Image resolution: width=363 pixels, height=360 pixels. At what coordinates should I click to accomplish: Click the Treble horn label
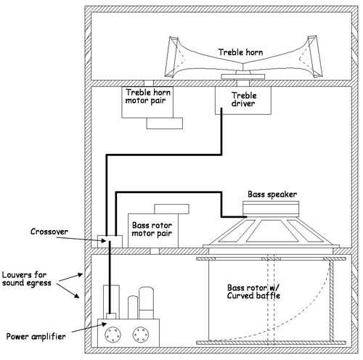point(240,52)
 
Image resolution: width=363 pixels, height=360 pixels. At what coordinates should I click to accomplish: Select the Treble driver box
point(243,100)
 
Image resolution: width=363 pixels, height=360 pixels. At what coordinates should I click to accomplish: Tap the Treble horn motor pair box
point(147,102)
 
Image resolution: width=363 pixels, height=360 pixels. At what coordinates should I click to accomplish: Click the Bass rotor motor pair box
point(153,231)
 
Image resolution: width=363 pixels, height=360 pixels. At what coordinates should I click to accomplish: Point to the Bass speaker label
point(272,195)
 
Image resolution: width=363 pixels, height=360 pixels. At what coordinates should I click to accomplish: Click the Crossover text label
point(49,232)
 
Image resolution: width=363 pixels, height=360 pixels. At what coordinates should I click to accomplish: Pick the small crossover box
point(110,242)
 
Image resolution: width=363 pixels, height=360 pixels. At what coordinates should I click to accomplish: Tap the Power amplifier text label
point(36,337)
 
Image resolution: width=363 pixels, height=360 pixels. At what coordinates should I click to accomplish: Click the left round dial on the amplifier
point(113,335)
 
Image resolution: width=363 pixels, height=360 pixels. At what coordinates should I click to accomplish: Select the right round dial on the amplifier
point(141,335)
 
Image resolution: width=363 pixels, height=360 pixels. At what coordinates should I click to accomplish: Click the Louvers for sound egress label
point(27,279)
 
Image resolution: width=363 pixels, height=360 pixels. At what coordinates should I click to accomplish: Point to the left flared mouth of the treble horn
point(172,57)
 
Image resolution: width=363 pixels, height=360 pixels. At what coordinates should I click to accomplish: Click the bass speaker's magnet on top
point(271,209)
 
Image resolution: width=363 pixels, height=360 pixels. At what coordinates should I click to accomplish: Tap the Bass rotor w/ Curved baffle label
point(253,292)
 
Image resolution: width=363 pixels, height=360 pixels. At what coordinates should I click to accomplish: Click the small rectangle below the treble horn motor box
point(165,123)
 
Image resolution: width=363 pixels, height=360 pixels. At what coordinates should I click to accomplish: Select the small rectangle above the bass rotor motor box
point(171,209)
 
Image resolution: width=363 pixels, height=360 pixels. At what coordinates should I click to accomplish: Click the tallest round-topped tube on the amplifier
point(147,303)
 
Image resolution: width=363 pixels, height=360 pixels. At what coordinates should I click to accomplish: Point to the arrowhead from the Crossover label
point(104,240)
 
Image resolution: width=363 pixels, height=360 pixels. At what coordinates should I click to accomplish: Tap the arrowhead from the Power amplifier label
point(104,324)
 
